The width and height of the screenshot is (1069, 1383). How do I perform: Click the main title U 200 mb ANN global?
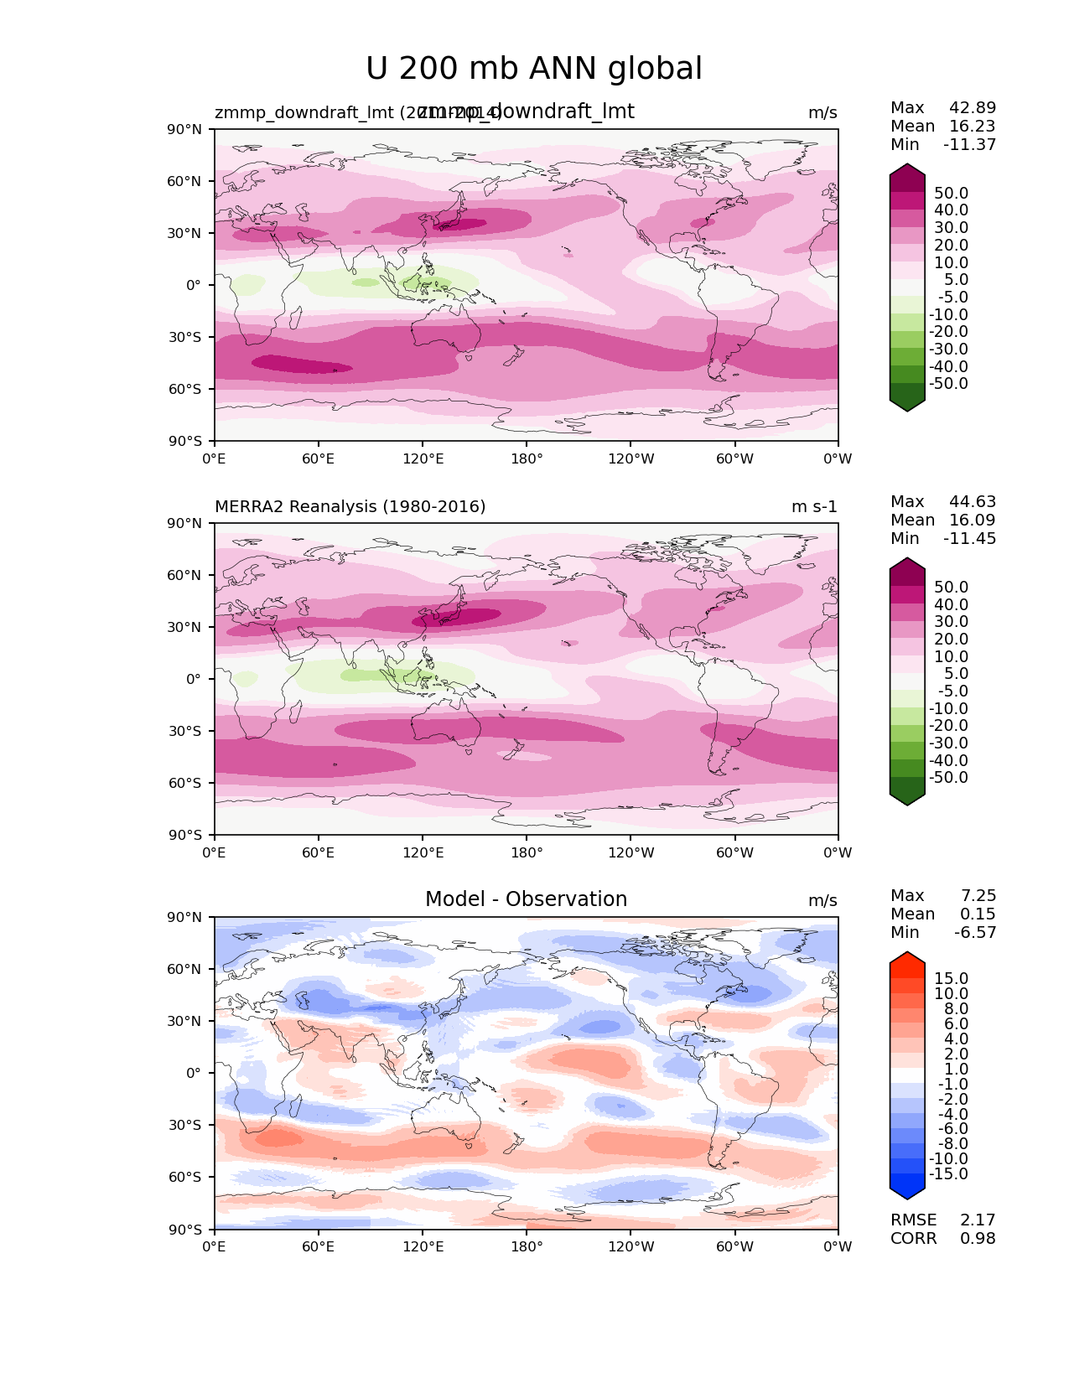534,69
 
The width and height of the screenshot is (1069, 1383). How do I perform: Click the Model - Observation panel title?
526,899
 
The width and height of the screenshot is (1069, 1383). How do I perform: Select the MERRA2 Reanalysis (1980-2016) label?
350,507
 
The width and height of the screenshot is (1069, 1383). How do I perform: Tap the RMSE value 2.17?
978,1220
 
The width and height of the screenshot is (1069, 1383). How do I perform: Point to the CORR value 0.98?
978,1238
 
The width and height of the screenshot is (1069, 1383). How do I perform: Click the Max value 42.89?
973,107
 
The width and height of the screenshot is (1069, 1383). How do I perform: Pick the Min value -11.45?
969,538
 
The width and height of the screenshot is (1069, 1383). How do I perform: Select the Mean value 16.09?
973,520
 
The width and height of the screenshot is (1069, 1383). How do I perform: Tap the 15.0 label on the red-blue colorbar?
951,978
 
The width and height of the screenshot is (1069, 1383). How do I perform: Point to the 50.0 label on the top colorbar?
951,193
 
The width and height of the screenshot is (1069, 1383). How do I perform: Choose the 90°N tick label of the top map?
185,129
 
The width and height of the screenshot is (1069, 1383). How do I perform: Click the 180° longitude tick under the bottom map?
527,1246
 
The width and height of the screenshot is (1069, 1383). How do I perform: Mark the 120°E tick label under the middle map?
423,852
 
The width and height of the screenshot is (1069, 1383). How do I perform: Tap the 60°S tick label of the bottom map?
185,1177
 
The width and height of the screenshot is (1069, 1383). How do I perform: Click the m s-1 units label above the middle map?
814,507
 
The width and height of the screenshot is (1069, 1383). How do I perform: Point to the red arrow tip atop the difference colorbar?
907,956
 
